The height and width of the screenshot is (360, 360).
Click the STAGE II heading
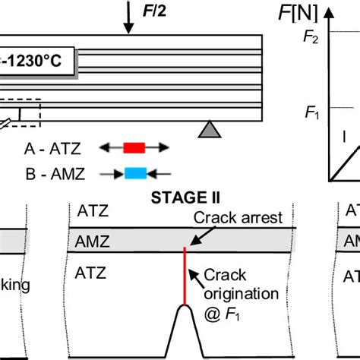tap(186, 198)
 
